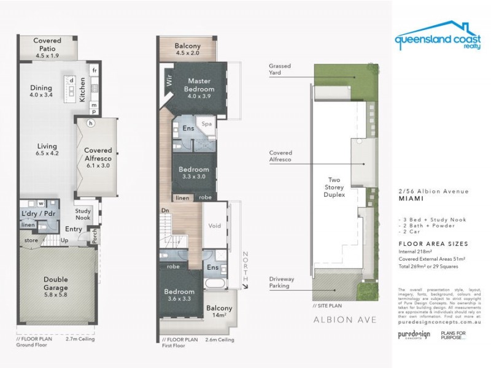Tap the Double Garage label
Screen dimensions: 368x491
coord(56,283)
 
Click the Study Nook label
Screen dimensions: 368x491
coord(83,214)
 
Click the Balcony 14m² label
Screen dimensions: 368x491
coord(219,312)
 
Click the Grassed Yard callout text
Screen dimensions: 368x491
coord(279,69)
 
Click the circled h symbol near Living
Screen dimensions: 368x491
coord(90,123)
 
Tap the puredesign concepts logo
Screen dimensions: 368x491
coord(414,335)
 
